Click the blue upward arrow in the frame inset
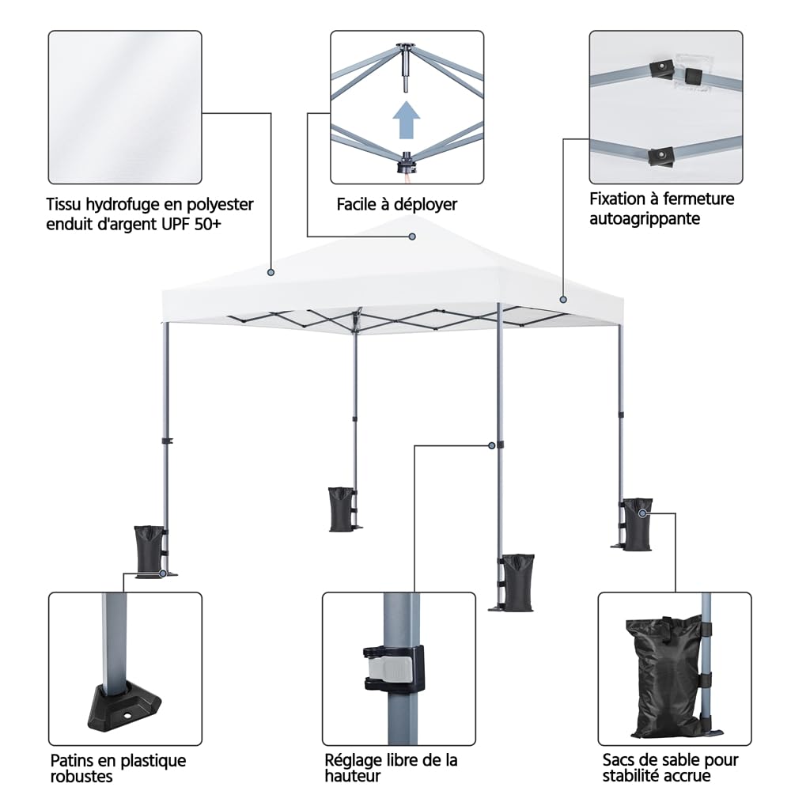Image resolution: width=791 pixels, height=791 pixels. click(406, 120)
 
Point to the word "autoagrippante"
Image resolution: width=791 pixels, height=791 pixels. click(645, 219)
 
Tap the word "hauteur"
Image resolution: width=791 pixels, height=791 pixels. click(353, 775)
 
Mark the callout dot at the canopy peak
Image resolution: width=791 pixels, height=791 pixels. click(412, 237)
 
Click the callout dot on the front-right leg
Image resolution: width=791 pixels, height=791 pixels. click(492, 445)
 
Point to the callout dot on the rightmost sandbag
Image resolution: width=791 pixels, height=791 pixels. click(642, 513)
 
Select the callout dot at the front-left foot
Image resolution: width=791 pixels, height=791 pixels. click(162, 573)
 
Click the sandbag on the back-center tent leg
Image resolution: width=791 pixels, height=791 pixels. click(341, 509)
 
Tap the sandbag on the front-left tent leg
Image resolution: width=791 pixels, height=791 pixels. click(149, 550)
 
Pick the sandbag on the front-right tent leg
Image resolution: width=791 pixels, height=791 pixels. click(518, 583)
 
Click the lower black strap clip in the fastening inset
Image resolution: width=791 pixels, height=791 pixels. click(661, 157)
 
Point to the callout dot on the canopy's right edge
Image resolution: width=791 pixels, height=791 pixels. click(563, 300)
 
